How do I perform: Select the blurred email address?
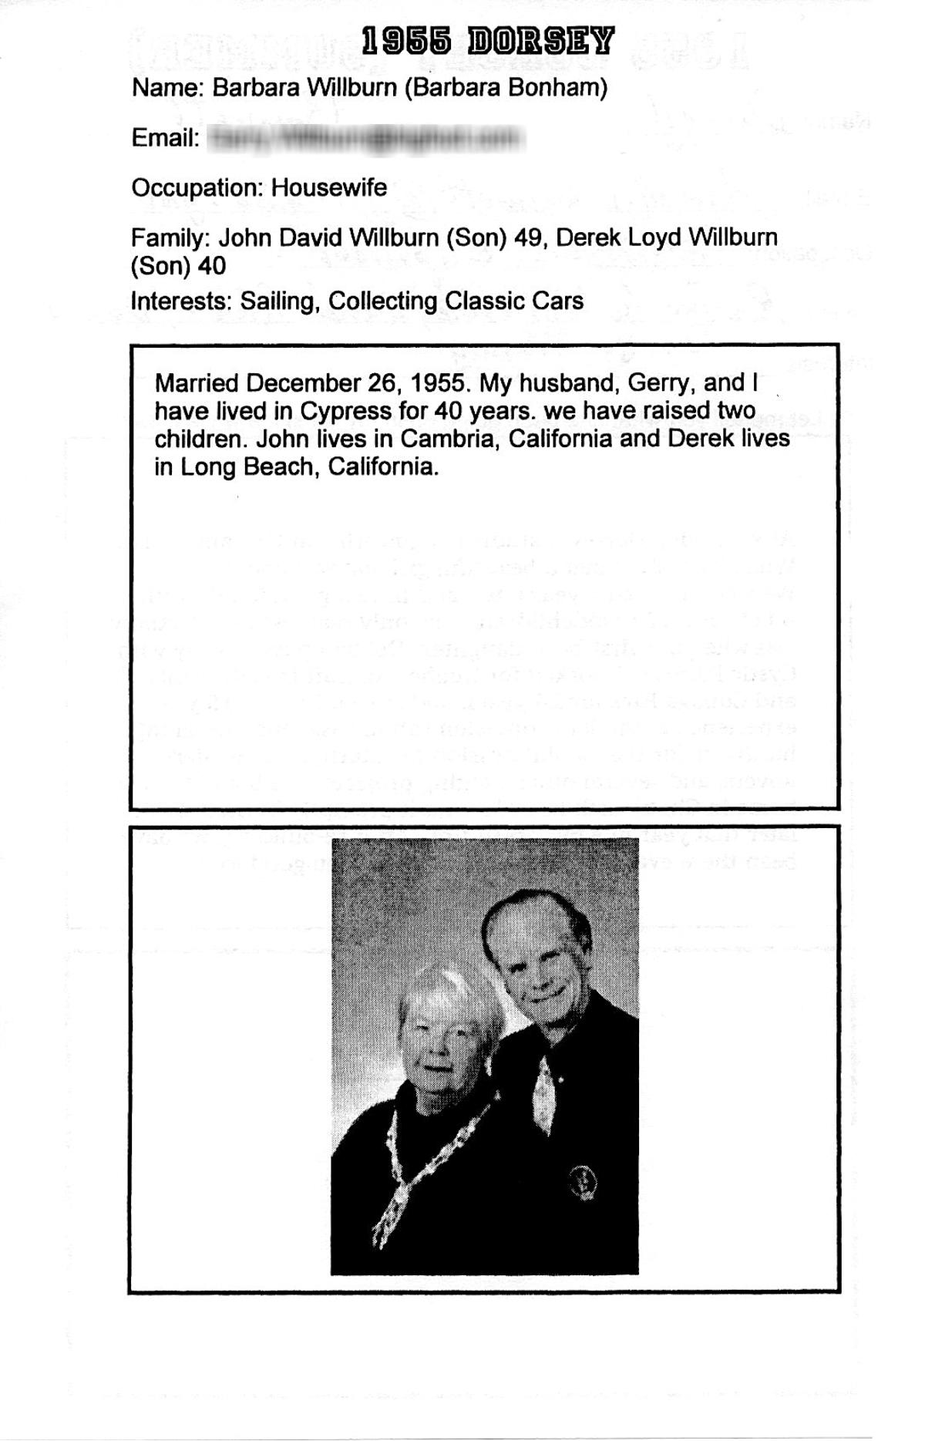pyautogui.click(x=368, y=139)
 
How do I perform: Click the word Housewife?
pyautogui.click(x=329, y=187)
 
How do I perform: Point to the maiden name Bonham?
pyautogui.click(x=553, y=88)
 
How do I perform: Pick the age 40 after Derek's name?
pyautogui.click(x=212, y=266)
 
